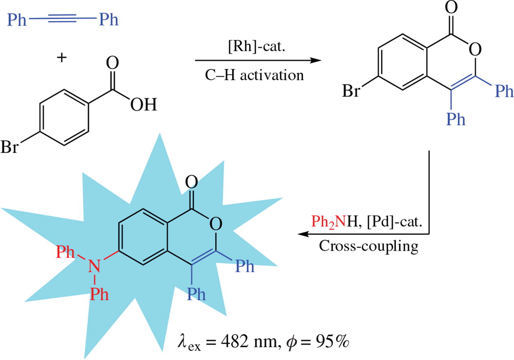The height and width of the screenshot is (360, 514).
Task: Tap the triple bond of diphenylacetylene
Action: [x=63, y=19]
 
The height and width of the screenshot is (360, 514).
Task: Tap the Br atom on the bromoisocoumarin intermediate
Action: [x=352, y=91]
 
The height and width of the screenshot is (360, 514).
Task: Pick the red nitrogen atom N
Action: [x=95, y=267]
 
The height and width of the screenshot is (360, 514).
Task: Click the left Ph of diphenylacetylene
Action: [x=17, y=19]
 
